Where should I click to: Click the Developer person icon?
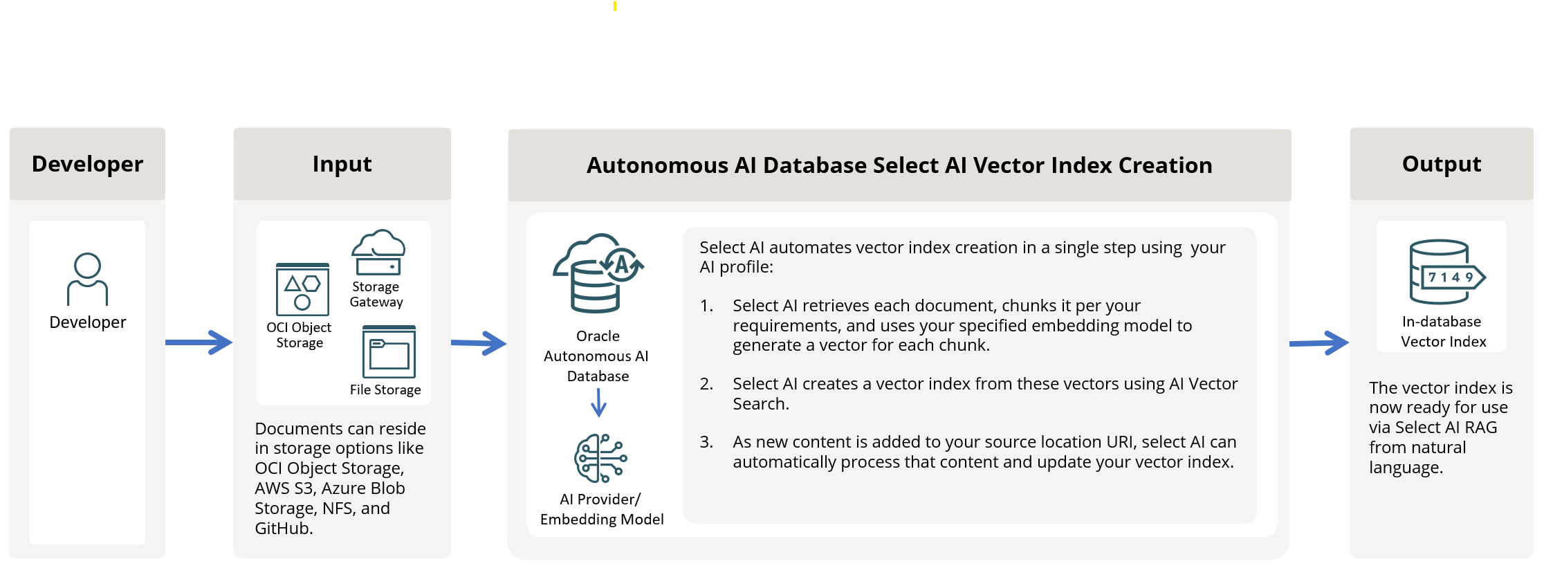87,280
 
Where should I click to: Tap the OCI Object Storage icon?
302,289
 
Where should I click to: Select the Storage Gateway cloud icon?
378,253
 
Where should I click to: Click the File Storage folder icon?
389,351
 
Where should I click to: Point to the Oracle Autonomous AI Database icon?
598,273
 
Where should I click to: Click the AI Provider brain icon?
600,458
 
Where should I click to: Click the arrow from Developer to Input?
199,342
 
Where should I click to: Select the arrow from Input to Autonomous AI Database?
479,342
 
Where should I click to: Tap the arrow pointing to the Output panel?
1319,342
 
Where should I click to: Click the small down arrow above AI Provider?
599,402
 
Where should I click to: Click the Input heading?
342,164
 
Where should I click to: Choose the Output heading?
1442,164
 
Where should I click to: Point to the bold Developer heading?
87,164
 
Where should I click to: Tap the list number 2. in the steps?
706,384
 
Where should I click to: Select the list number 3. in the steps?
706,442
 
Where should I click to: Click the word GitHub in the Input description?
281,529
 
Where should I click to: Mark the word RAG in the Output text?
1481,428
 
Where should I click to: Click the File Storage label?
385,390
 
